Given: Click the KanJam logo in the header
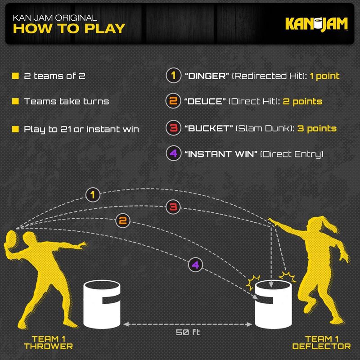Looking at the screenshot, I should (x=316, y=24).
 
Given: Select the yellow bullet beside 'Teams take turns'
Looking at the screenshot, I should (x=15, y=102).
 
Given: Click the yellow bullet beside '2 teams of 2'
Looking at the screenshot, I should (x=15, y=76).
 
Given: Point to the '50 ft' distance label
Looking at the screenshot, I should (x=188, y=333).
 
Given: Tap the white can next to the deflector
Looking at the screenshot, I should (x=273, y=305).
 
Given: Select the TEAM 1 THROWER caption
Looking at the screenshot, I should (x=52, y=342).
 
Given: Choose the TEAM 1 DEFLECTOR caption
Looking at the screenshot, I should (x=321, y=342).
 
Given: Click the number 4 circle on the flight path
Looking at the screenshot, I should (x=195, y=265).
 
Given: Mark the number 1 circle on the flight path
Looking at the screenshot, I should (x=93, y=195).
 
